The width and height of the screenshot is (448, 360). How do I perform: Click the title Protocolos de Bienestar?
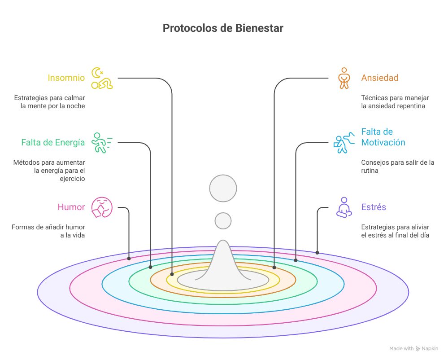[223, 28]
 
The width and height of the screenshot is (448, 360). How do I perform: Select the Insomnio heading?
[66, 78]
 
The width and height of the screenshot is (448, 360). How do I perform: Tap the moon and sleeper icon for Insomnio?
[102, 78]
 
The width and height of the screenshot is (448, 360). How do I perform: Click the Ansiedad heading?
[379, 78]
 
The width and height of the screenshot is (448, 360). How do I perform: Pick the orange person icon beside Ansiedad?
[344, 78]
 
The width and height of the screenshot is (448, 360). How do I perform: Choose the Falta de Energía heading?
[53, 143]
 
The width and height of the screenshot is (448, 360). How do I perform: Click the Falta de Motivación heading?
[383, 137]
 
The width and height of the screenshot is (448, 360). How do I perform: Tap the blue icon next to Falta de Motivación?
[343, 143]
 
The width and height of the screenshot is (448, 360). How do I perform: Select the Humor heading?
[71, 207]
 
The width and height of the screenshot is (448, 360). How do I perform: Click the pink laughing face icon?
[101, 207]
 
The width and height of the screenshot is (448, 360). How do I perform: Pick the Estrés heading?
[374, 207]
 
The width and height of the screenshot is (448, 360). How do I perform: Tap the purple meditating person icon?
[344, 207]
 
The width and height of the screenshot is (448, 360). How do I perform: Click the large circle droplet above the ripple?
[223, 188]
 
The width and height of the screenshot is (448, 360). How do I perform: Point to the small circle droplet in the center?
[223, 221]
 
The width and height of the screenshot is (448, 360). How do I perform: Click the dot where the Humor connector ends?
[129, 258]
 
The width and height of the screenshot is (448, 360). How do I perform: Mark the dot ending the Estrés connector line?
[317, 253]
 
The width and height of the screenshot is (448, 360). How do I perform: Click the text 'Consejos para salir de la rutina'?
[397, 167]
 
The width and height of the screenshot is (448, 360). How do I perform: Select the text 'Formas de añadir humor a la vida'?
[48, 231]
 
